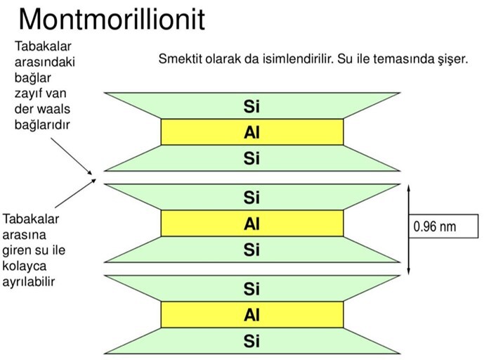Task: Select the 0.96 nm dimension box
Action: click(443, 226)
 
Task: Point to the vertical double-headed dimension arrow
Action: click(409, 228)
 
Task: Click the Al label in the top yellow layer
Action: click(251, 131)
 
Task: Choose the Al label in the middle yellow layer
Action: click(251, 224)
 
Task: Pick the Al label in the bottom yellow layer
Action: click(251, 316)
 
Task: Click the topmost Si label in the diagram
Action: click(251, 107)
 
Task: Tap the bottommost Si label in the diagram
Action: click(251, 342)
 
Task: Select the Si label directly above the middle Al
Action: click(251, 198)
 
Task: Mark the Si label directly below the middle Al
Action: click(251, 250)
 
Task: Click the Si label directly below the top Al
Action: click(251, 158)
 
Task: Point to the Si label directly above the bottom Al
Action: click(251, 289)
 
